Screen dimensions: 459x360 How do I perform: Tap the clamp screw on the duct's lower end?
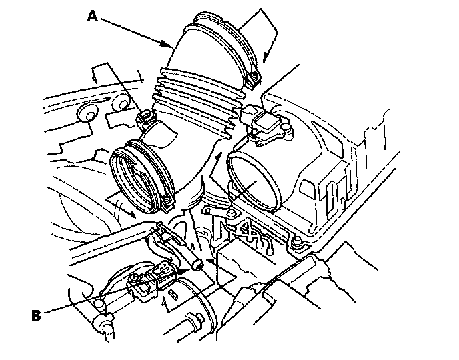click(x=142, y=119)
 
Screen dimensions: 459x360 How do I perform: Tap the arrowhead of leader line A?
click(x=169, y=46)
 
